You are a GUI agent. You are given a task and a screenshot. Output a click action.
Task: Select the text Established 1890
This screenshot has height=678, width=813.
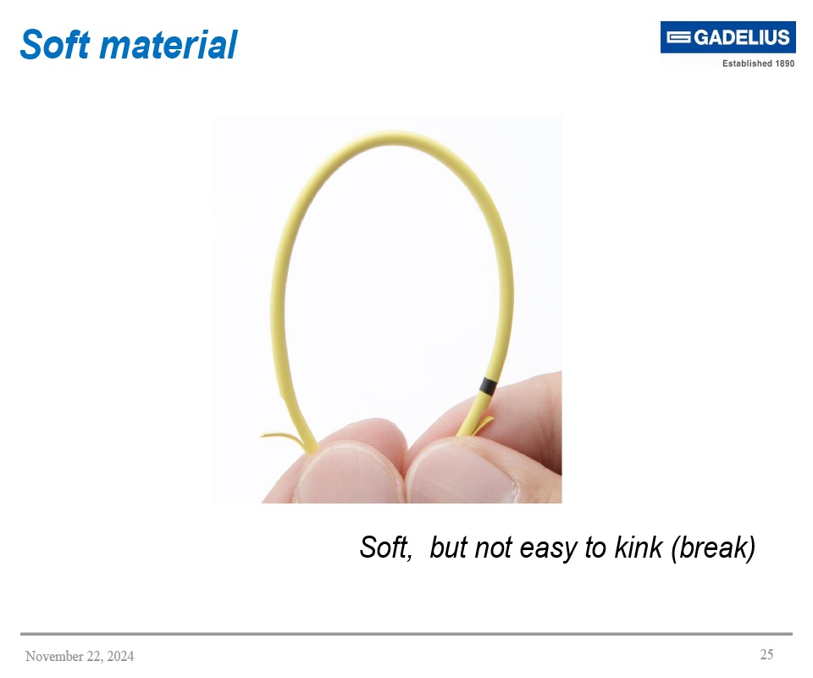(x=758, y=64)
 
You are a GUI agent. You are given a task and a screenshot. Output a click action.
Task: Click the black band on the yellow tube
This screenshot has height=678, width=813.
(x=486, y=386)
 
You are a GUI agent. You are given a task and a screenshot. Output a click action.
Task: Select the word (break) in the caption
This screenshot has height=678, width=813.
(x=712, y=548)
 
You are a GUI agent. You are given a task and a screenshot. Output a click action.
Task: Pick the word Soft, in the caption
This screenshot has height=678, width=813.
(x=386, y=548)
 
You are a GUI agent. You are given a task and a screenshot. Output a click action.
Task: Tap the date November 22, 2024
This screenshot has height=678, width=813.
(x=80, y=657)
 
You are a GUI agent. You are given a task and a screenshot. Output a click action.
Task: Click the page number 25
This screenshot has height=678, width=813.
(x=766, y=654)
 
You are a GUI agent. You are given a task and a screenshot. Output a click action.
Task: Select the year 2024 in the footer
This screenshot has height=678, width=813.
(x=119, y=657)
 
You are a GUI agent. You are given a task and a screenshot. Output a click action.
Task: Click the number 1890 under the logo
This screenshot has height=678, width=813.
(x=784, y=64)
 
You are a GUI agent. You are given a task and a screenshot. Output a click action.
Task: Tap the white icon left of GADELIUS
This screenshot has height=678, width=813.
(x=679, y=37)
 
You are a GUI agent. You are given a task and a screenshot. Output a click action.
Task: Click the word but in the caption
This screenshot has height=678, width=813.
(x=449, y=548)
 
